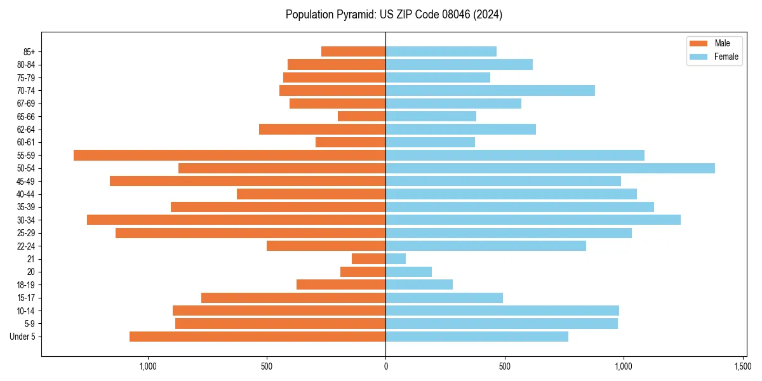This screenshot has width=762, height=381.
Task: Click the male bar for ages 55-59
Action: (229, 155)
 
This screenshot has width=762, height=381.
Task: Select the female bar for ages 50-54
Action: (550, 168)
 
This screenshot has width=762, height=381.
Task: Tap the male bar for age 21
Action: (368, 258)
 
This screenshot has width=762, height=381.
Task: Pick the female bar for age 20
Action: (408, 272)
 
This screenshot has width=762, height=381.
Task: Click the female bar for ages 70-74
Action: (490, 90)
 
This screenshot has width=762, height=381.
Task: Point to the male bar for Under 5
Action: (257, 337)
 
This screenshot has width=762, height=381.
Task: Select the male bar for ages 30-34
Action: (236, 220)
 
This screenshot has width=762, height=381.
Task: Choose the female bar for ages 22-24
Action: (486, 246)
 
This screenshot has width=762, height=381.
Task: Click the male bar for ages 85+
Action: (353, 51)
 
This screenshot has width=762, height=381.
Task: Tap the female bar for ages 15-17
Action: (444, 298)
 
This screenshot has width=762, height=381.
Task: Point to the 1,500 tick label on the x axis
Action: (742, 366)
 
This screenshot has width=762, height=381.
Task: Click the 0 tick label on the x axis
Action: (385, 366)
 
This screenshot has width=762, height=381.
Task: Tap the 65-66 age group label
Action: (26, 116)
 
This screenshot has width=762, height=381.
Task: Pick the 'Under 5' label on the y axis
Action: (23, 337)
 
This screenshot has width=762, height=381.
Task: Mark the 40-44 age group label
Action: (26, 194)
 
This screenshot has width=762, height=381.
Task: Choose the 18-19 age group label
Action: (26, 284)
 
